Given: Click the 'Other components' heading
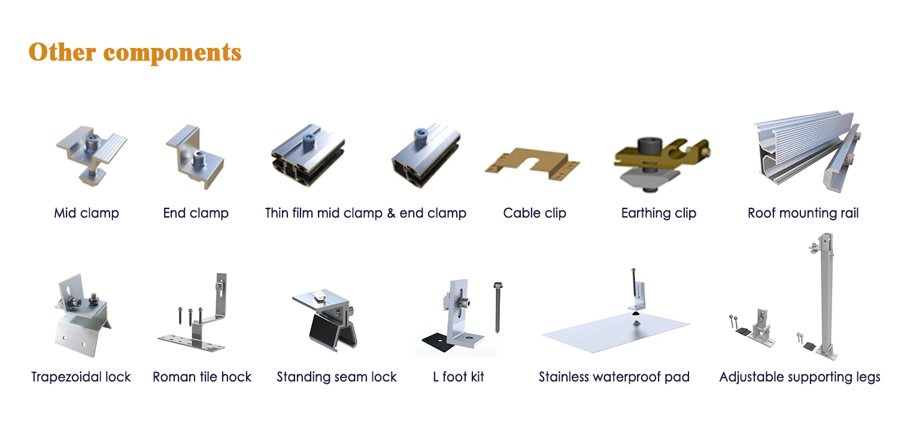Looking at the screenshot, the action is click(x=135, y=52).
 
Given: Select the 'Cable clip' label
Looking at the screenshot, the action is click(x=534, y=213).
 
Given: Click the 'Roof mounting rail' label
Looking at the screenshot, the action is click(x=803, y=213).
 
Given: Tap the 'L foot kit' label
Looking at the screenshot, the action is click(x=458, y=377).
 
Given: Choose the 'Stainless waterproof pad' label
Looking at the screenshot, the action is click(x=614, y=377).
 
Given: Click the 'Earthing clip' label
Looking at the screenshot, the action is click(x=659, y=213).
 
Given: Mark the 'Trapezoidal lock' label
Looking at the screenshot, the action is click(x=81, y=377).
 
